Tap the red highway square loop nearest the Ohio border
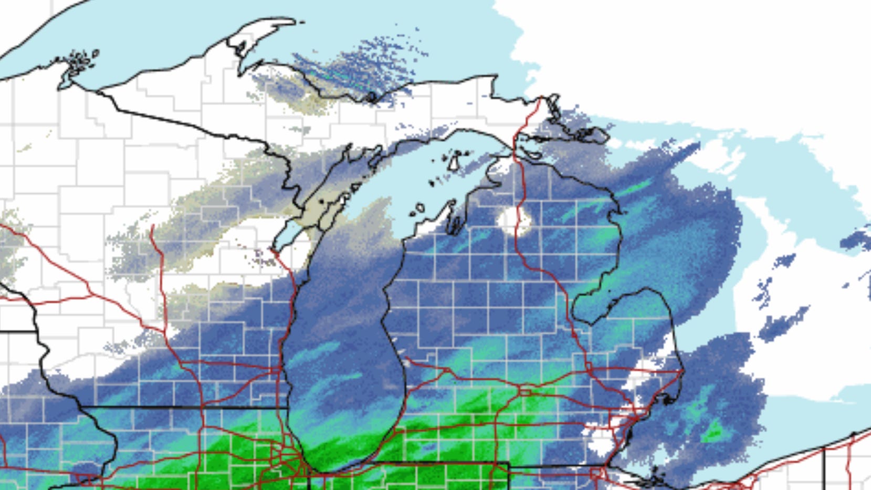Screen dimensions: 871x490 596,474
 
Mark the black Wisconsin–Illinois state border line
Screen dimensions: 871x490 184,407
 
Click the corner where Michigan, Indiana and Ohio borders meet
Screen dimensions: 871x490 509,464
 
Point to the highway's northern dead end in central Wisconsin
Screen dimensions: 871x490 152,226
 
